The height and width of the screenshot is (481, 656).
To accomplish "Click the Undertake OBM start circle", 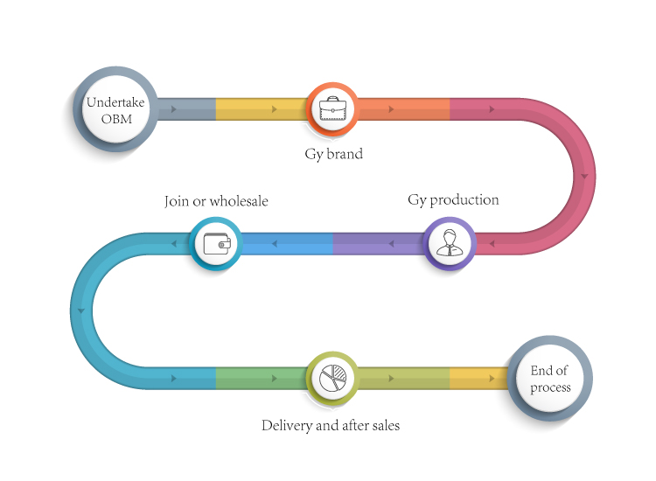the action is (115, 109).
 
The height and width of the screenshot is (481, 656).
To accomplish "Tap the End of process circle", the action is (550, 378).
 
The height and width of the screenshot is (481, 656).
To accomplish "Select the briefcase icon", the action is (332, 108).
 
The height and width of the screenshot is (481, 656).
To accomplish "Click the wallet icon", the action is (217, 243).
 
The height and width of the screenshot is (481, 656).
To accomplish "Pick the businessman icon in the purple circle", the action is (450, 242).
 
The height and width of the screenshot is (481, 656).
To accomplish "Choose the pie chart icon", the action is (332, 378).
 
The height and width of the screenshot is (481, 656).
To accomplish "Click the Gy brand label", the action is (333, 154).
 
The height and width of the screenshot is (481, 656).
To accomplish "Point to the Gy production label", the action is (453, 200).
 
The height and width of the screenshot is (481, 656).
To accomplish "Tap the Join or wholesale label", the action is (216, 201).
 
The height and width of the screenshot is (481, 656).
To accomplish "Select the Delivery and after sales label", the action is (331, 426).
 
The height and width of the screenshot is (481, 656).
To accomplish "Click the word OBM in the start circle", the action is (116, 119).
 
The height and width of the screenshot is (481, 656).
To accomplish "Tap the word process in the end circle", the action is (550, 388).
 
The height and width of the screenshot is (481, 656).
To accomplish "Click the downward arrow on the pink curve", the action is (584, 176).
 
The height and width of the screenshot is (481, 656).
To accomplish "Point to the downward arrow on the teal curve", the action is (81, 310).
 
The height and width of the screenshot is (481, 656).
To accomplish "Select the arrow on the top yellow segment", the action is (275, 109).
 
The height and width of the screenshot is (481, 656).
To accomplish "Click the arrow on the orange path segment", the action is (391, 109).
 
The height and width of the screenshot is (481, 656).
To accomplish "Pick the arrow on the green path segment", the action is (275, 378).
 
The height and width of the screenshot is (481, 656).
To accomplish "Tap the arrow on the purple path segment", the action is (391, 243).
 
